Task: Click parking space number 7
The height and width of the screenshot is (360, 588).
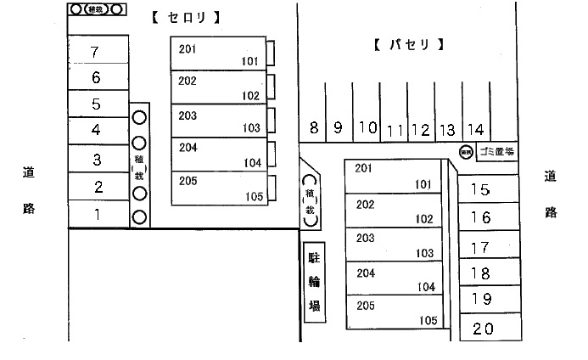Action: (97, 51)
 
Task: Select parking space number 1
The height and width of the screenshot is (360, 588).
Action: (97, 214)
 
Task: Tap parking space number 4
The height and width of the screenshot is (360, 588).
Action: (97, 130)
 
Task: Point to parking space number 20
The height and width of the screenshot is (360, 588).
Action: (483, 329)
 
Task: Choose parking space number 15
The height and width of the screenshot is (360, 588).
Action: (480, 190)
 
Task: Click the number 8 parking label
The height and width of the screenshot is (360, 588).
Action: (314, 129)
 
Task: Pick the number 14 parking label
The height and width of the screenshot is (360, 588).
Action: (475, 130)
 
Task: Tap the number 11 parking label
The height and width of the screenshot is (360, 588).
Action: (395, 131)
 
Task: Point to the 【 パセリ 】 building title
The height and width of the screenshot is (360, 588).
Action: (409, 44)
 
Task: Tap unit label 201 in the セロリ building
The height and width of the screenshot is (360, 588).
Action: (188, 49)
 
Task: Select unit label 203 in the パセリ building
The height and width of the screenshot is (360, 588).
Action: (366, 239)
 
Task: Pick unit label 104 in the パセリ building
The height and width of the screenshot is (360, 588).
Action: (425, 287)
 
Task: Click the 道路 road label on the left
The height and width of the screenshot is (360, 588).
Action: (28, 190)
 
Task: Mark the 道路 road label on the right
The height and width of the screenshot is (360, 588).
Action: (551, 194)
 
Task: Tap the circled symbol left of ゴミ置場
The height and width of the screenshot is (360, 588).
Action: (465, 152)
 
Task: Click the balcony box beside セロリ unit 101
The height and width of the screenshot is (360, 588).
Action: (271, 53)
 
